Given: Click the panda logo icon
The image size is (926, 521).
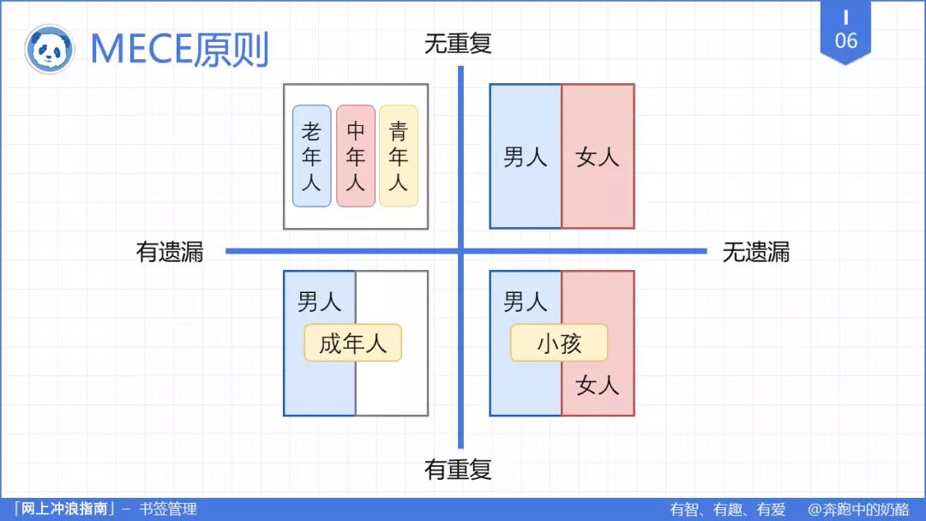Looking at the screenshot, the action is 50,49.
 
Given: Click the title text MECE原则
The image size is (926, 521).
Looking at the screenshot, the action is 179,50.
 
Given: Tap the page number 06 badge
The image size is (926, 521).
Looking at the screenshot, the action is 845,34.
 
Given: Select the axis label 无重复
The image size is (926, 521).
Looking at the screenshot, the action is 458,44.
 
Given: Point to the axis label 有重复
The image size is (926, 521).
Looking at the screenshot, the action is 458,470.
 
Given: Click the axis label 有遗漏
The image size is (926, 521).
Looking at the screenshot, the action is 170,252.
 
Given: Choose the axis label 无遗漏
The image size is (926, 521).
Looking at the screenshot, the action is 755,252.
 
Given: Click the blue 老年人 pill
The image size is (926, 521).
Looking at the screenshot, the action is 311,156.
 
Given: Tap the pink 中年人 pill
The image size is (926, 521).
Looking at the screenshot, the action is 356,156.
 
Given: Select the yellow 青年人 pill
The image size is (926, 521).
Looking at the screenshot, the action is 399,156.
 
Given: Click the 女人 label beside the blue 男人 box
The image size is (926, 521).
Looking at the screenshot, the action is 598,157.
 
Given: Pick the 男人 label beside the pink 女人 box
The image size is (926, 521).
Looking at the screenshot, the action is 525,157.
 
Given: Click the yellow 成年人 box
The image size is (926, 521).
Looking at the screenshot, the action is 352,344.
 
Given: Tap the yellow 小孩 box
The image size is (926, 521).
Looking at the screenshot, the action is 559,344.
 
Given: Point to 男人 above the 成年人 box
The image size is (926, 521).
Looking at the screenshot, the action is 319,301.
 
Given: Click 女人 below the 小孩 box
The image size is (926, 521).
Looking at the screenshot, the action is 598,386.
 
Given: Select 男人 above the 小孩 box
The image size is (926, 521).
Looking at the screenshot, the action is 525,301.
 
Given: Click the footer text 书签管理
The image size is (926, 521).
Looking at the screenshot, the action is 168,509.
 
